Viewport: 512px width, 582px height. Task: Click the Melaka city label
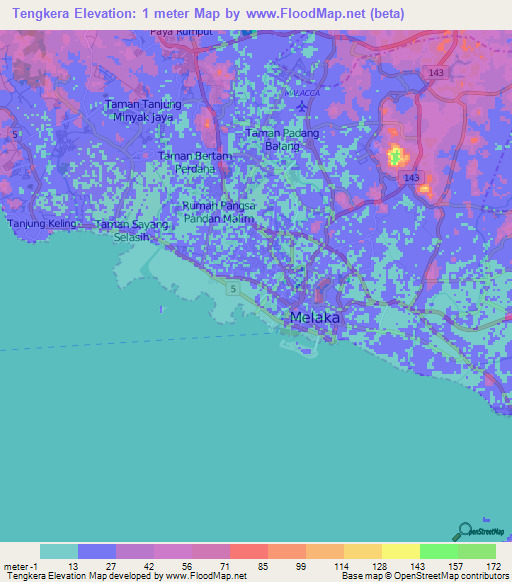(x=314, y=317)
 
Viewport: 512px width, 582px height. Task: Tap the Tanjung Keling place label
(x=42, y=223)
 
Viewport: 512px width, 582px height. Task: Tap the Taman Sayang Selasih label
(x=131, y=231)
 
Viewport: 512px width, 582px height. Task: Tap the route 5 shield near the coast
(x=232, y=289)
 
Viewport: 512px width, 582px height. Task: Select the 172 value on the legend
(x=493, y=565)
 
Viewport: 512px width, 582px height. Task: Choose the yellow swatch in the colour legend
(x=400, y=551)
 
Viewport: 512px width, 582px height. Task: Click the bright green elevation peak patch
(x=395, y=156)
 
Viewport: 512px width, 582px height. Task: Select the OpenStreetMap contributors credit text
(x=459, y=577)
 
